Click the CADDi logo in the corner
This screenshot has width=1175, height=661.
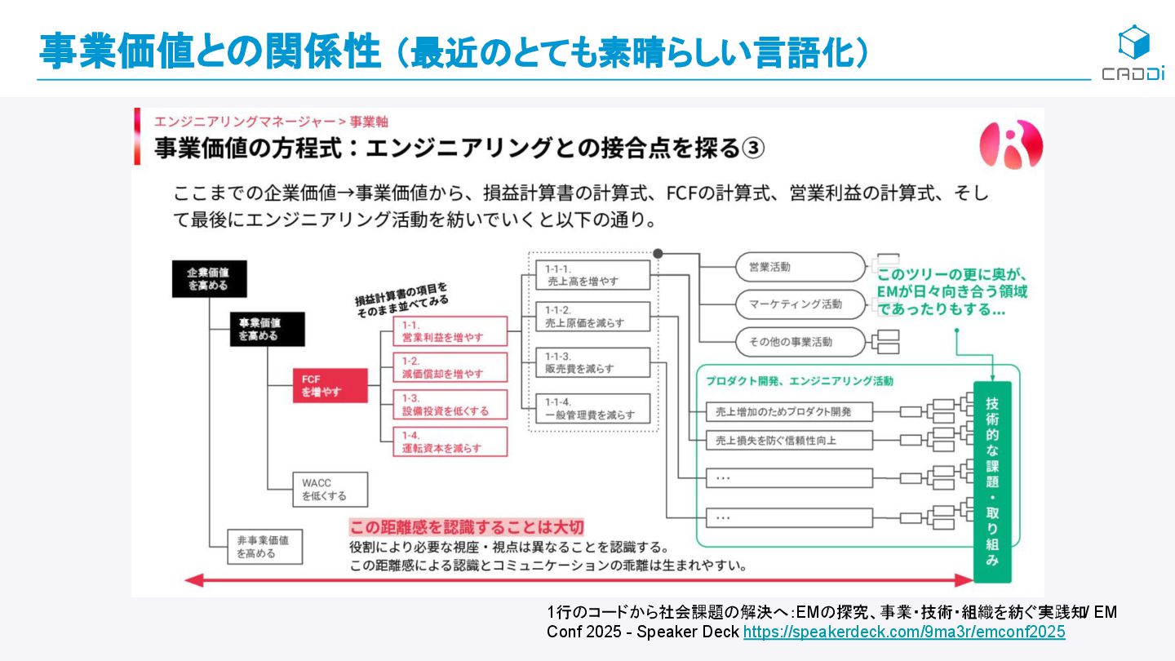coord(1133,52)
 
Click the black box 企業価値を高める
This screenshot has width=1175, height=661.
coord(209,279)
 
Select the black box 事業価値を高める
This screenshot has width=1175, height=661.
coord(267,329)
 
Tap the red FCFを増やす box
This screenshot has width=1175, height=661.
coord(330,386)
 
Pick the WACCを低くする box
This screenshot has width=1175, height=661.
coord(330,490)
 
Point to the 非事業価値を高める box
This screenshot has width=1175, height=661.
coord(265,547)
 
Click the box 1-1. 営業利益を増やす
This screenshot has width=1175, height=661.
coord(450,331)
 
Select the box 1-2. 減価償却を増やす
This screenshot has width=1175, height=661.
coord(450,368)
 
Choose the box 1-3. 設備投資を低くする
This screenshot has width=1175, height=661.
coord(450,405)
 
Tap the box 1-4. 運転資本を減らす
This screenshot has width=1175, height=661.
coord(450,441)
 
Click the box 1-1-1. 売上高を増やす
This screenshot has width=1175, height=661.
coord(592,275)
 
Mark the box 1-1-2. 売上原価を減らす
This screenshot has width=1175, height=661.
coord(592,317)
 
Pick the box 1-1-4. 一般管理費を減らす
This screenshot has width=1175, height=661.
coord(592,409)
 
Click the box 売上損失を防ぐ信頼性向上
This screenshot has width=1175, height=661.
coord(789,441)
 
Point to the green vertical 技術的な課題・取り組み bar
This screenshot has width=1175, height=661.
coord(991,481)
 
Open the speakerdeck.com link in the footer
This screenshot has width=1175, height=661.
coord(904,632)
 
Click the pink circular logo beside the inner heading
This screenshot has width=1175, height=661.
coord(1012,145)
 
